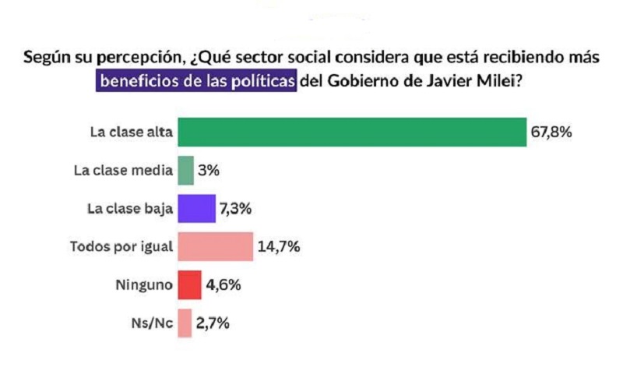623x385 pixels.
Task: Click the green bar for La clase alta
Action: coord(352,132)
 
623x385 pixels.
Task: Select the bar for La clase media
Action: coord(185,170)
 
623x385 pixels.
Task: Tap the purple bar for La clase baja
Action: coord(196,208)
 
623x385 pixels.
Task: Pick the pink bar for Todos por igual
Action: coord(216,246)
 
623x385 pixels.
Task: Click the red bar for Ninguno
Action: coord(189,284)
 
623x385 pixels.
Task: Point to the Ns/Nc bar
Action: coord(185,323)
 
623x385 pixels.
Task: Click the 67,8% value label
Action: coord(552,132)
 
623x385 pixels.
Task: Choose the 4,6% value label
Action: coord(224,284)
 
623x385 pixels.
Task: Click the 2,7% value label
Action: coord(213,323)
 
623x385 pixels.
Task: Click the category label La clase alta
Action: coord(130,132)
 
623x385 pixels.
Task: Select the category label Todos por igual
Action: coord(121,246)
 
